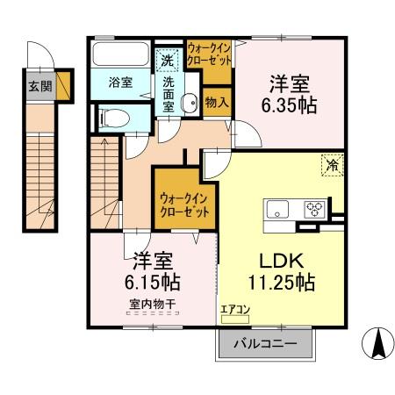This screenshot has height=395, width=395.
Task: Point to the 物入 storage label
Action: [217, 102]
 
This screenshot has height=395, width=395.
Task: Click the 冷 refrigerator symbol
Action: [332, 163]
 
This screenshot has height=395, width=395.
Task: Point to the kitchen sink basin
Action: [278, 209]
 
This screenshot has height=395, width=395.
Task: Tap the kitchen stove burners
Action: [313, 209]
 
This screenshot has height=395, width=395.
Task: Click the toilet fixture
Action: [112, 117]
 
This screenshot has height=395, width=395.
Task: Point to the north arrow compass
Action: [377, 343]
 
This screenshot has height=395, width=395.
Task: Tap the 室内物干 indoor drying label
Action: [153, 305]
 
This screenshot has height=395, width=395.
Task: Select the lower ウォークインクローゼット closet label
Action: [184, 205]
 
